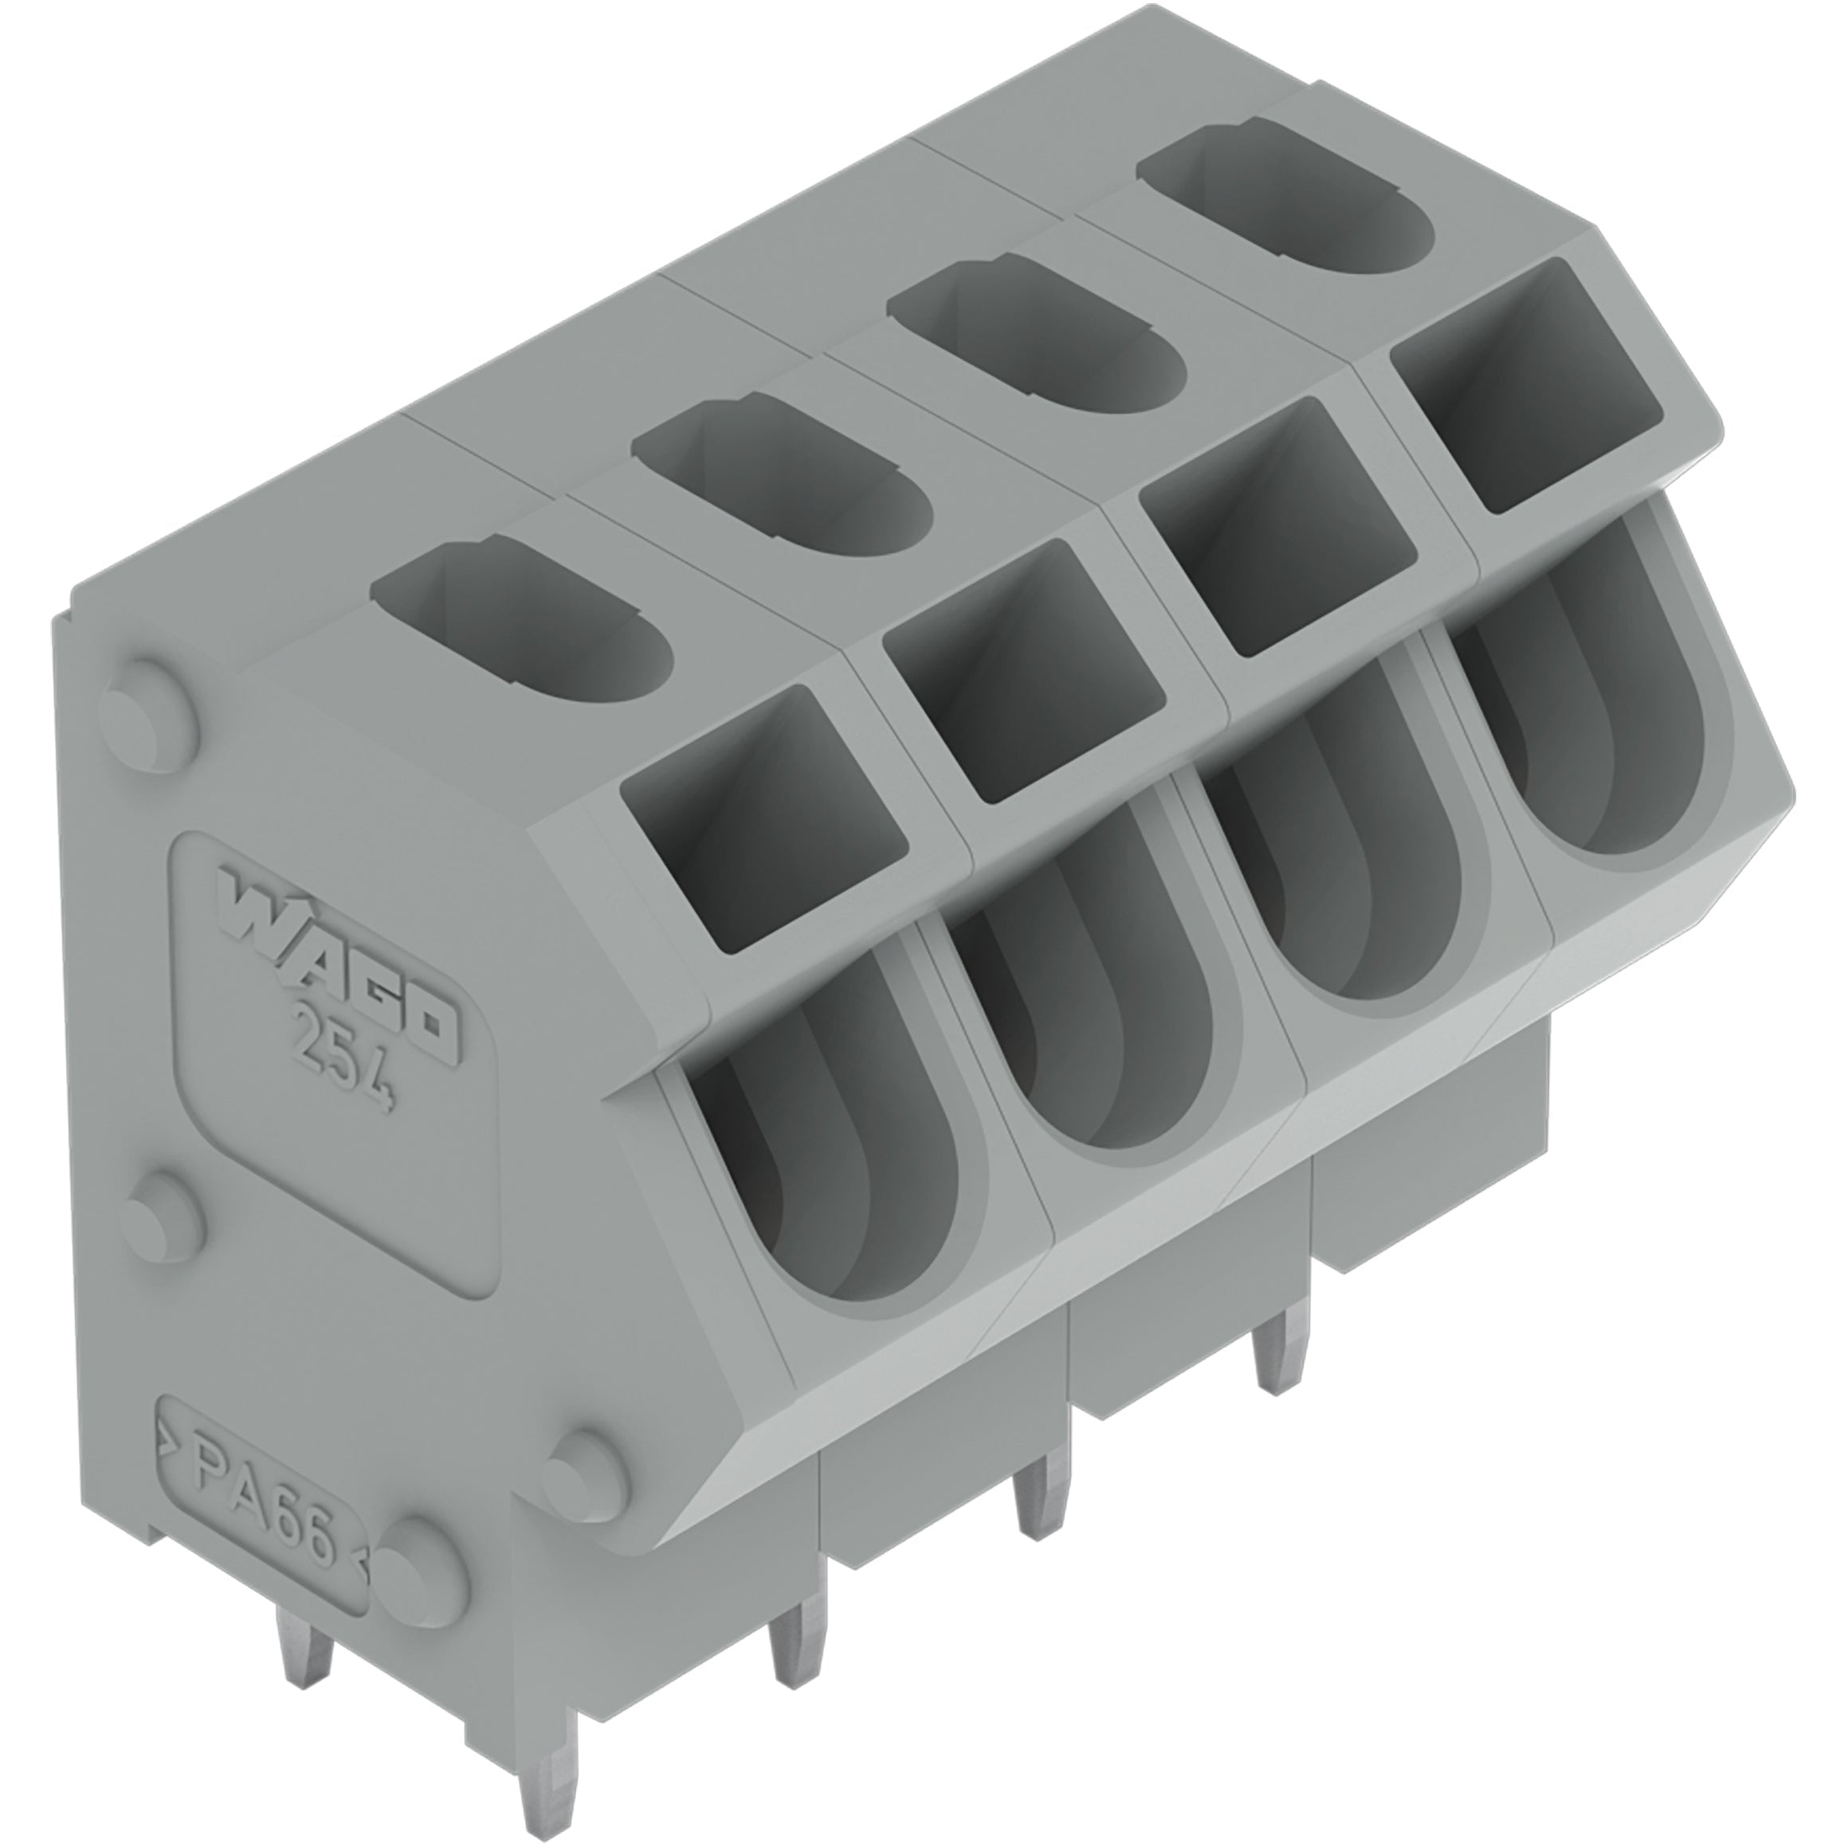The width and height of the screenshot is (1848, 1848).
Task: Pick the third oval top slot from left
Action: click(1036, 339)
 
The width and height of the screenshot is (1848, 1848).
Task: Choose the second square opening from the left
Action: click(1023, 672)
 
